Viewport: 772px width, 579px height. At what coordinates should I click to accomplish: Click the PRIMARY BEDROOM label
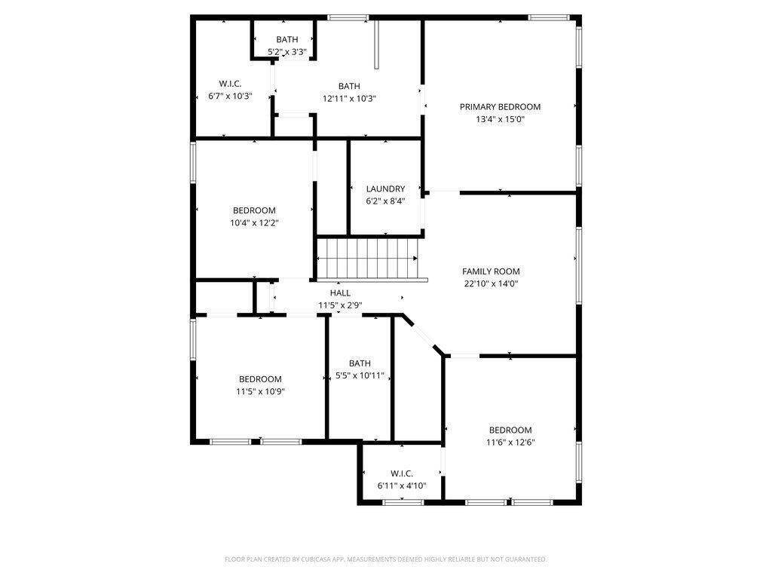pos(500,107)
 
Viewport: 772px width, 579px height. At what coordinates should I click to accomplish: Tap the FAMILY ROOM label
pos(491,271)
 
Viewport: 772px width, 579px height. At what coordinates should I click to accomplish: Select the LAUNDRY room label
pos(385,189)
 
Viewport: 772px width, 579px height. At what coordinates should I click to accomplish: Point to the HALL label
pos(340,293)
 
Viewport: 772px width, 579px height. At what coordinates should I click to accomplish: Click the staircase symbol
pos(367,258)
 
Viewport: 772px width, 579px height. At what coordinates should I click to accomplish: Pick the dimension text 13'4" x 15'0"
pos(500,119)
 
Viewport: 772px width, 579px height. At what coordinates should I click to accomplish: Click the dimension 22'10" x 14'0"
pos(491,284)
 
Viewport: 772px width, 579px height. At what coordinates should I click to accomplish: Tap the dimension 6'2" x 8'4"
pos(385,201)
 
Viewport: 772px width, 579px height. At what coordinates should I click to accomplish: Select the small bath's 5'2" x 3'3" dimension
pos(287,52)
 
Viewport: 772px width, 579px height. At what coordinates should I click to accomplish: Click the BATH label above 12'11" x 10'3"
pos(349,86)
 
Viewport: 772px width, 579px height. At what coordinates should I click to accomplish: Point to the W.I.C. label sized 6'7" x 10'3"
pos(230,84)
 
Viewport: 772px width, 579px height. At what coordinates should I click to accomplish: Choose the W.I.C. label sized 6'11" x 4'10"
pos(402,473)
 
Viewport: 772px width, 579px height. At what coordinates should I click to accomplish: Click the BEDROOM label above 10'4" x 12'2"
pos(254,210)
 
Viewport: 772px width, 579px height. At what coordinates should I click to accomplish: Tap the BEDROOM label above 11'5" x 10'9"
pos(260,379)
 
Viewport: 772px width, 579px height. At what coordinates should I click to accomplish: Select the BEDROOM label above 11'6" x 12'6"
pos(510,430)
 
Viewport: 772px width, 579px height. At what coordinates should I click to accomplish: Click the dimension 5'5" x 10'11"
pos(360,375)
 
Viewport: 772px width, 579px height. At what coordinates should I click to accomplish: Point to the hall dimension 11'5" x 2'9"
pos(340,305)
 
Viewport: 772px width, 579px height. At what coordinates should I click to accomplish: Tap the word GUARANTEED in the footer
pos(524,559)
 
